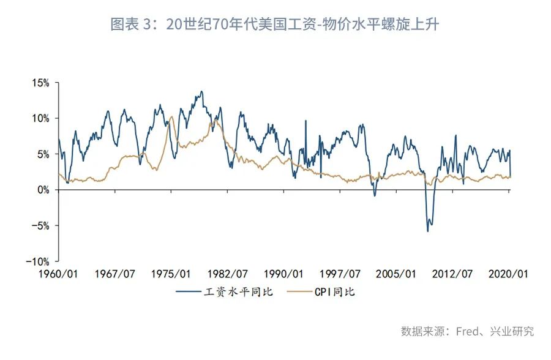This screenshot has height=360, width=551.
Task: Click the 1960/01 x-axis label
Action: [x=59, y=274]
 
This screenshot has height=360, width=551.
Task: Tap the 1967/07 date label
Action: [x=115, y=274]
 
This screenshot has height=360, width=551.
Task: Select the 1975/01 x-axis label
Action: [x=171, y=274]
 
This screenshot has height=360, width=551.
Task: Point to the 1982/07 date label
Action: [x=227, y=274]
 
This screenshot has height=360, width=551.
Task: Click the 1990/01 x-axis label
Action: [x=283, y=274]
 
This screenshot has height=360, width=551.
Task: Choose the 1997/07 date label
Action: [x=340, y=274]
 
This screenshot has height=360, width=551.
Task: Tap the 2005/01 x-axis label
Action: [x=396, y=274]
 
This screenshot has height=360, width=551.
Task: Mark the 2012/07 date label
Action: [x=452, y=274]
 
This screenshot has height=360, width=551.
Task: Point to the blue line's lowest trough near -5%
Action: [x=427, y=231]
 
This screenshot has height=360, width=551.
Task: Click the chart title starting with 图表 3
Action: [x=275, y=24]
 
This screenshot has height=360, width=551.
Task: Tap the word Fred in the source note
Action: [x=467, y=331]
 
